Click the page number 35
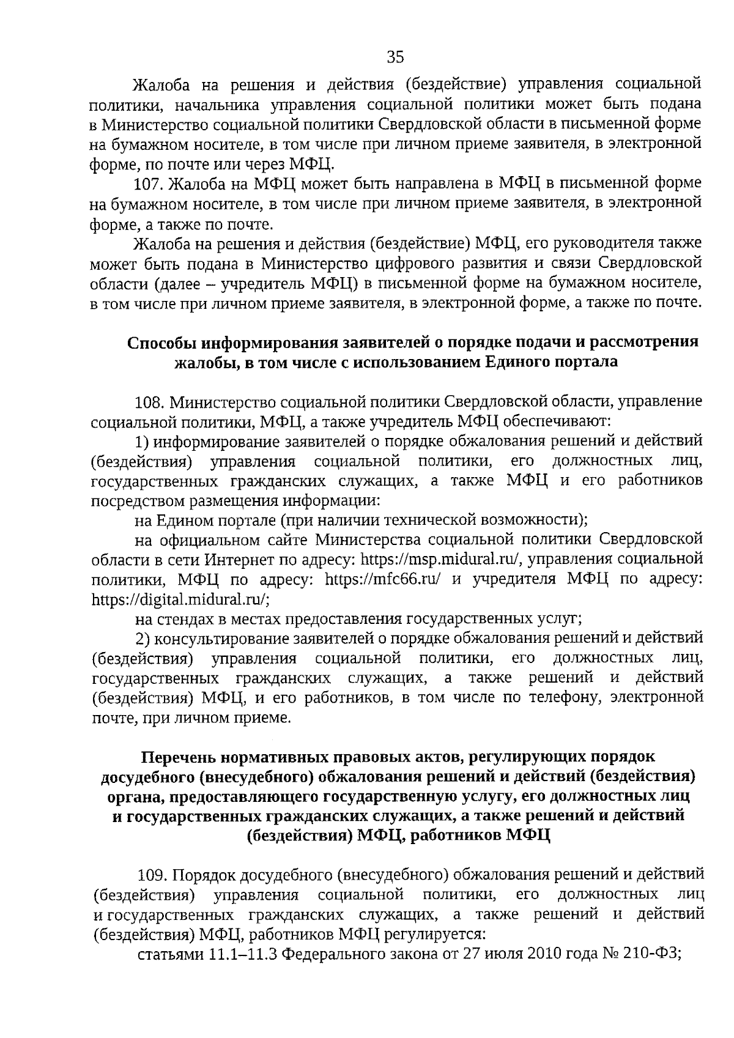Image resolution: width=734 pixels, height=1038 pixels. (x=396, y=57)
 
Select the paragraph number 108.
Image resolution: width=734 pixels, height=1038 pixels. (x=149, y=402)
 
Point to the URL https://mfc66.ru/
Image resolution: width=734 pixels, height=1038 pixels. (x=382, y=579)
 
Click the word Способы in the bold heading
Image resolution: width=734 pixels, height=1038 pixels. (x=161, y=342)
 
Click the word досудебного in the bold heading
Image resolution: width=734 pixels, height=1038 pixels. (x=145, y=777)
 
